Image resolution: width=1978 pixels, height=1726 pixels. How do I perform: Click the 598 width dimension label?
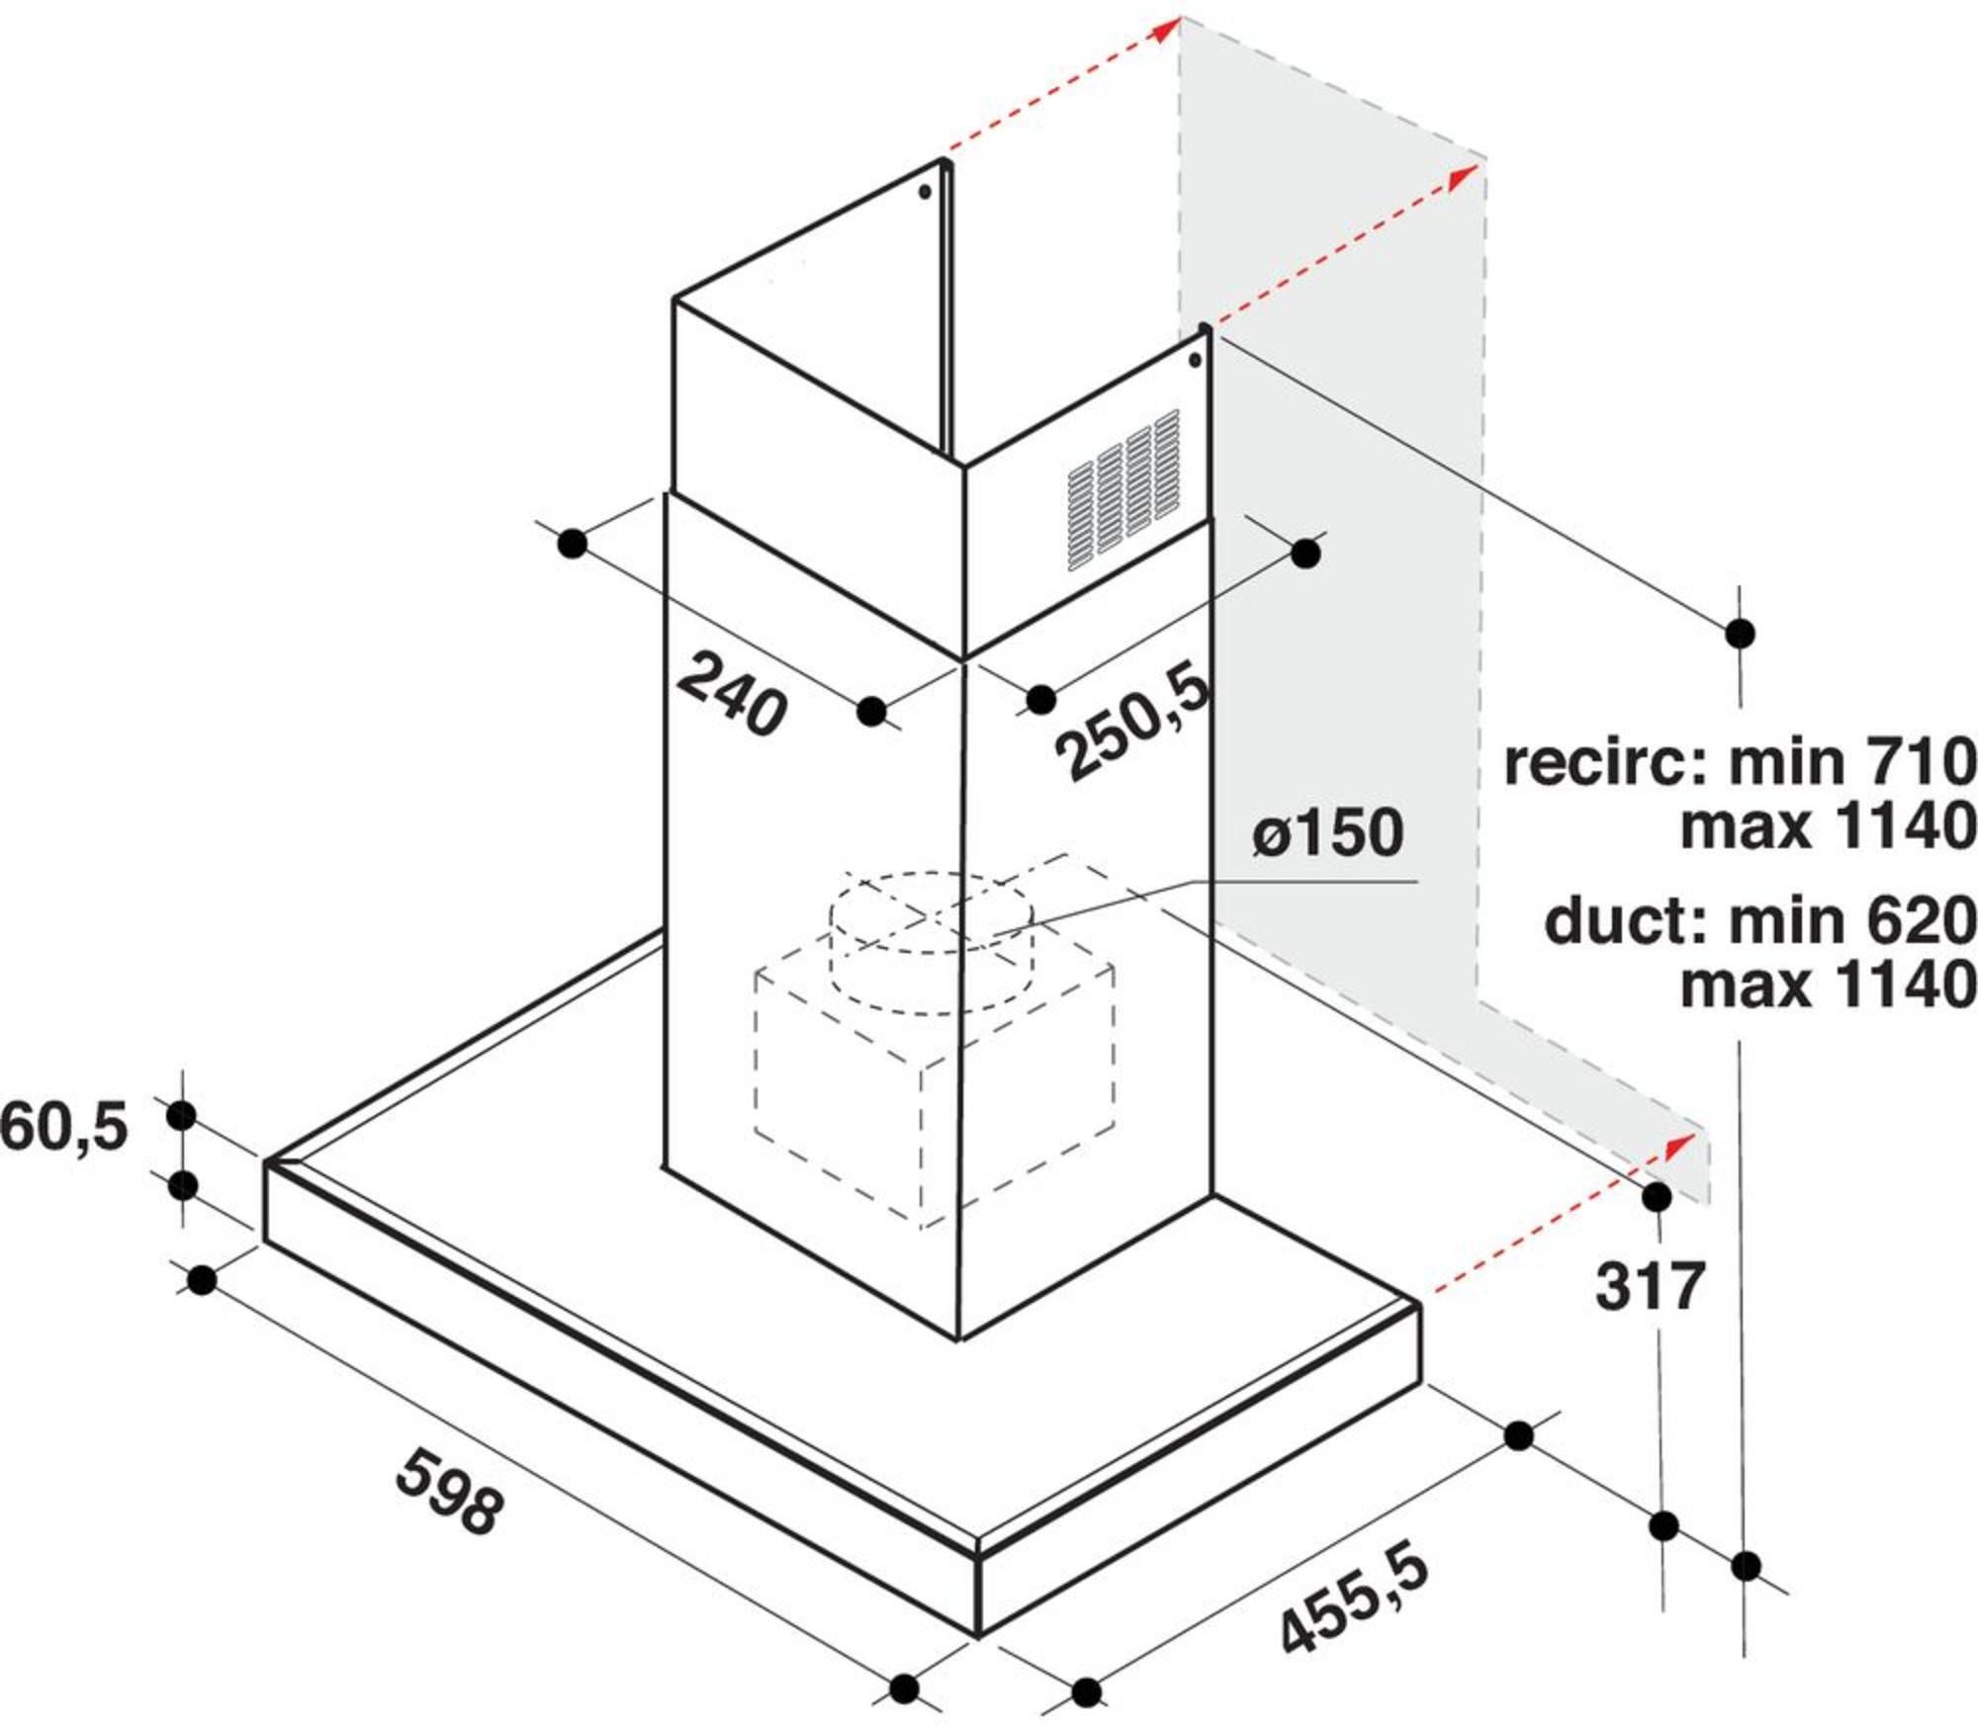(450, 1492)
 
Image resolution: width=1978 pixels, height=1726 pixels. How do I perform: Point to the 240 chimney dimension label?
(733, 693)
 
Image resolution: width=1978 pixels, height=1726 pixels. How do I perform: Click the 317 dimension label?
(1651, 1286)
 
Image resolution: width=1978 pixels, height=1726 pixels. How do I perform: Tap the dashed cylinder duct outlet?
(932, 942)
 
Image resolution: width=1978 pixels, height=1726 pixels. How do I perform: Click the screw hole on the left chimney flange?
(925, 193)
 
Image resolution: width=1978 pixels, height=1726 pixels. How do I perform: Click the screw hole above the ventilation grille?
(1196, 360)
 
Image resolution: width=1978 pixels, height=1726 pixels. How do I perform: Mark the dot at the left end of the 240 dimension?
(572, 543)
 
